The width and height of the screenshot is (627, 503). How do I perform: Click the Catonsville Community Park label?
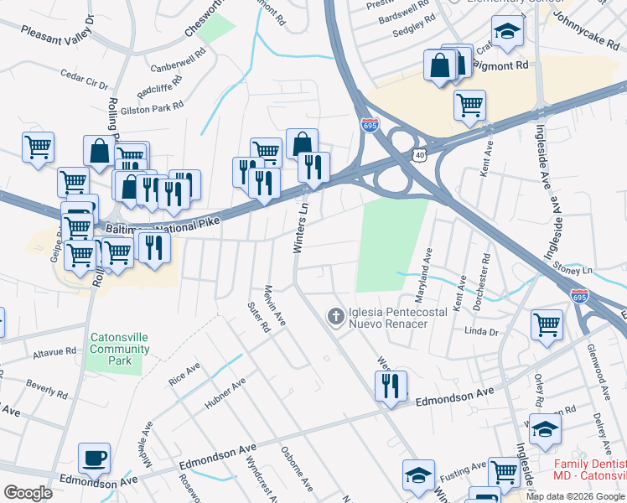[x=120, y=350]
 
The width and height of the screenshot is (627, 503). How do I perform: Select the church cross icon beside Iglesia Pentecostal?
[x=335, y=316]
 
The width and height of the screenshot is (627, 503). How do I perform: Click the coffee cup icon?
[x=93, y=458]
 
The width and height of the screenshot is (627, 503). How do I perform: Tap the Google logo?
[x=28, y=493]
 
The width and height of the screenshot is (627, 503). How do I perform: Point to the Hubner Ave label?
[x=225, y=394]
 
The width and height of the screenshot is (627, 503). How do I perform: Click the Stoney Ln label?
[x=574, y=269]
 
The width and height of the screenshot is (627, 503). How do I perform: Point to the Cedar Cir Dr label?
[x=85, y=80]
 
